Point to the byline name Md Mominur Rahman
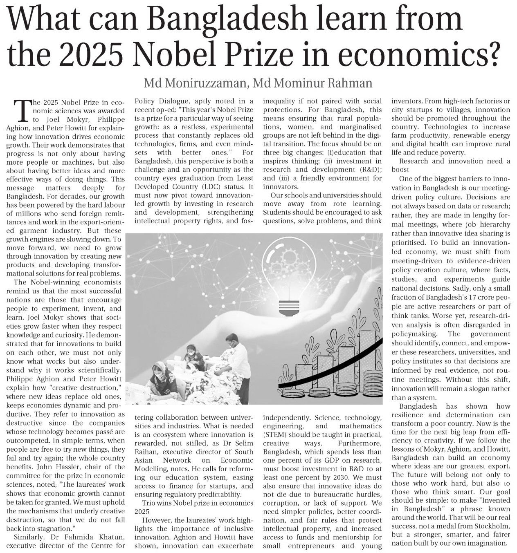(313, 83)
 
